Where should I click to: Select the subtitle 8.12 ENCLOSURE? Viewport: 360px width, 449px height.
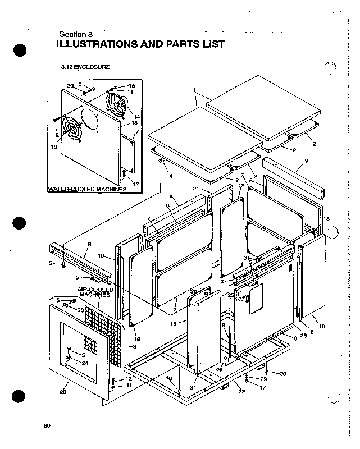(x=85, y=67)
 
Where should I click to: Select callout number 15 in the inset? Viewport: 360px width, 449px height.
(x=132, y=85)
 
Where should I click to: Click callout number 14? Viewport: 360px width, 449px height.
(x=136, y=117)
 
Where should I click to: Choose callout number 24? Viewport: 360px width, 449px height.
(x=85, y=363)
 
